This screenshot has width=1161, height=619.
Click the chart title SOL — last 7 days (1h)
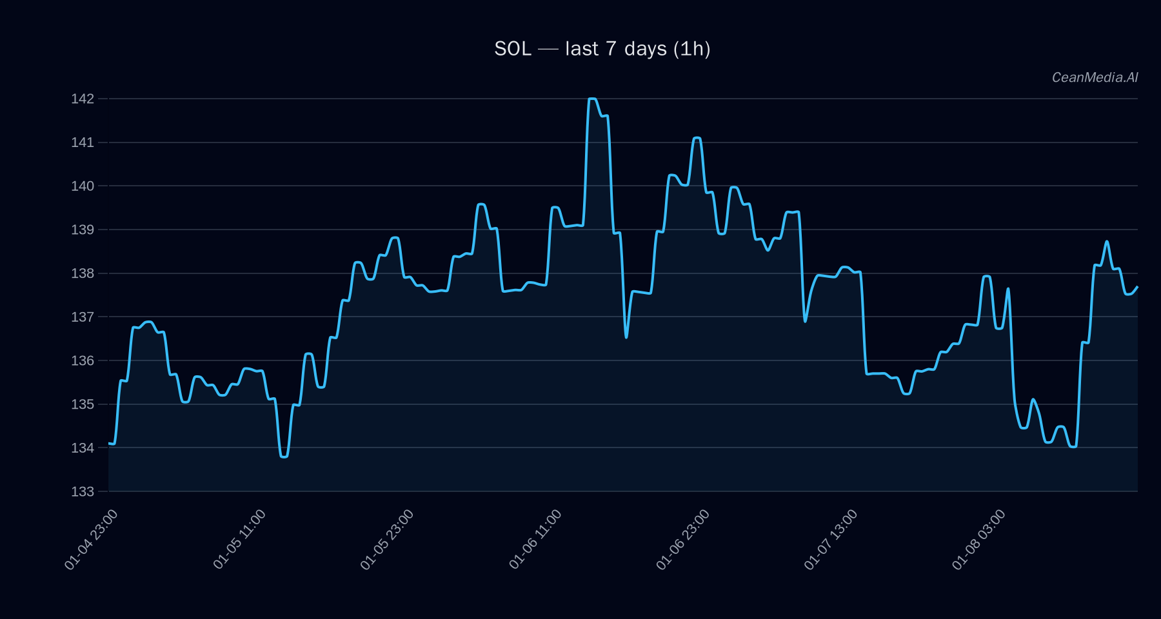coord(602,49)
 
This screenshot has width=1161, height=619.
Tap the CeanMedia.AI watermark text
coord(1095,77)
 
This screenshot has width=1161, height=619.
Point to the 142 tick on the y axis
coord(83,99)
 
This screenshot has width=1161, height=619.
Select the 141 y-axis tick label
coord(83,142)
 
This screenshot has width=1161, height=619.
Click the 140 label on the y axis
coord(83,186)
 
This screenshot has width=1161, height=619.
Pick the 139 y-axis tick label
coord(83,230)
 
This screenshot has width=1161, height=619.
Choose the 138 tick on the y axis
coord(83,273)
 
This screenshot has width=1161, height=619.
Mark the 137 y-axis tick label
coord(83,317)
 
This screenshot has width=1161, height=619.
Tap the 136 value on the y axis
coord(83,360)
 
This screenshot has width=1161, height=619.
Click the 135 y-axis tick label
coord(83,404)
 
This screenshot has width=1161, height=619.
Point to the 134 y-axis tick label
coord(83,447)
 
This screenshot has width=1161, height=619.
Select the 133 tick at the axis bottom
coord(83,491)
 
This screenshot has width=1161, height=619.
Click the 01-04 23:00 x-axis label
coord(92,539)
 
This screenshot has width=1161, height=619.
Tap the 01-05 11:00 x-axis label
coord(240,539)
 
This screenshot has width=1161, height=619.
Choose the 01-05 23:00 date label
coord(388,539)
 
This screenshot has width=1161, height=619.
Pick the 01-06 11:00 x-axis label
coord(535,539)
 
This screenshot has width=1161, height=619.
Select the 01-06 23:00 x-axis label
coord(683,539)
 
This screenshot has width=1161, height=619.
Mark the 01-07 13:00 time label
coord(831,539)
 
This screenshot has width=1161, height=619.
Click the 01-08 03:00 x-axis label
coord(978,539)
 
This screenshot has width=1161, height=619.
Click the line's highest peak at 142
coord(592,99)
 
